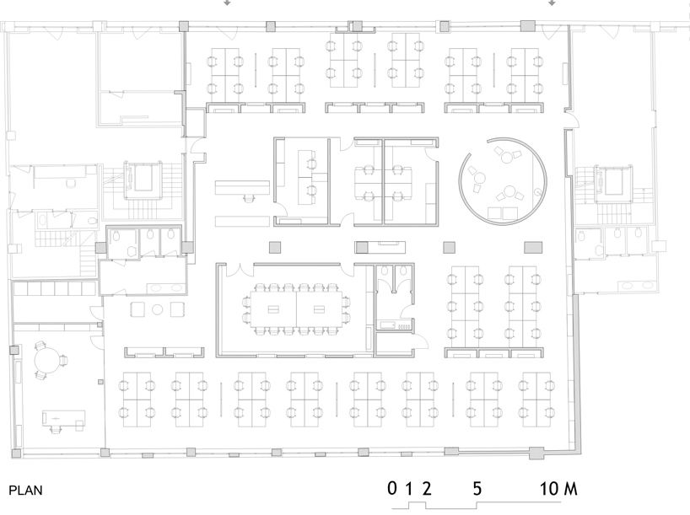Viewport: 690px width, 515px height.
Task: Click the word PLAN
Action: [26, 491]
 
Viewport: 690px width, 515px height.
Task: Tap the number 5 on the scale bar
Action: [477, 489]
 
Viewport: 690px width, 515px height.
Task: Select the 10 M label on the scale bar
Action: [558, 489]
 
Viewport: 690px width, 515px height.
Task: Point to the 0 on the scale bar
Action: [392, 488]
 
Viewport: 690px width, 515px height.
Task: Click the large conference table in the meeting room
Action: [296, 309]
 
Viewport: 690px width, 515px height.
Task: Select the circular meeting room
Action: [504, 181]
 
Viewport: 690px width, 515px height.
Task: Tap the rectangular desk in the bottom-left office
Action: [63, 418]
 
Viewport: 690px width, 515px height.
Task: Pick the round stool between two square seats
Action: [158, 309]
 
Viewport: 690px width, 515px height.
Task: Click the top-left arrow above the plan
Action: [227, 3]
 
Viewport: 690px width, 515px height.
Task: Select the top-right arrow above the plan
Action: [552, 3]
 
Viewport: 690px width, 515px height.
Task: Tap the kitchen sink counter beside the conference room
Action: [395, 325]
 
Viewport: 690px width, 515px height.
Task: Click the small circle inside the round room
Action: [537, 191]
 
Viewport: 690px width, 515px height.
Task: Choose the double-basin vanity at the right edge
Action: [637, 286]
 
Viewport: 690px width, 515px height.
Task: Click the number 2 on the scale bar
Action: [427, 489]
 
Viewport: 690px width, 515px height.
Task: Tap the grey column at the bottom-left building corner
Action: [16, 453]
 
